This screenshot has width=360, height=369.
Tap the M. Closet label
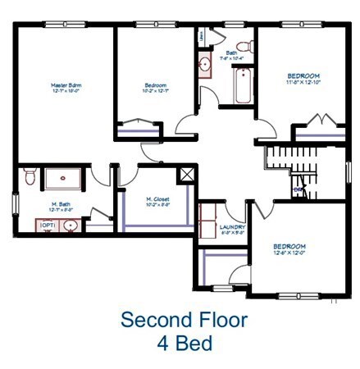[157, 198]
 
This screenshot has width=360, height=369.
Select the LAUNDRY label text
[233, 227]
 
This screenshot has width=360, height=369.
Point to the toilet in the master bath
[29, 175]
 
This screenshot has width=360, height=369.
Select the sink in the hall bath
[205, 66]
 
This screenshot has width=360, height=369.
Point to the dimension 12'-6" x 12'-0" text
[288, 253]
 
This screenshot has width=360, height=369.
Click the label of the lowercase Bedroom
[156, 85]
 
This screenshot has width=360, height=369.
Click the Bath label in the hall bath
[232, 53]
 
